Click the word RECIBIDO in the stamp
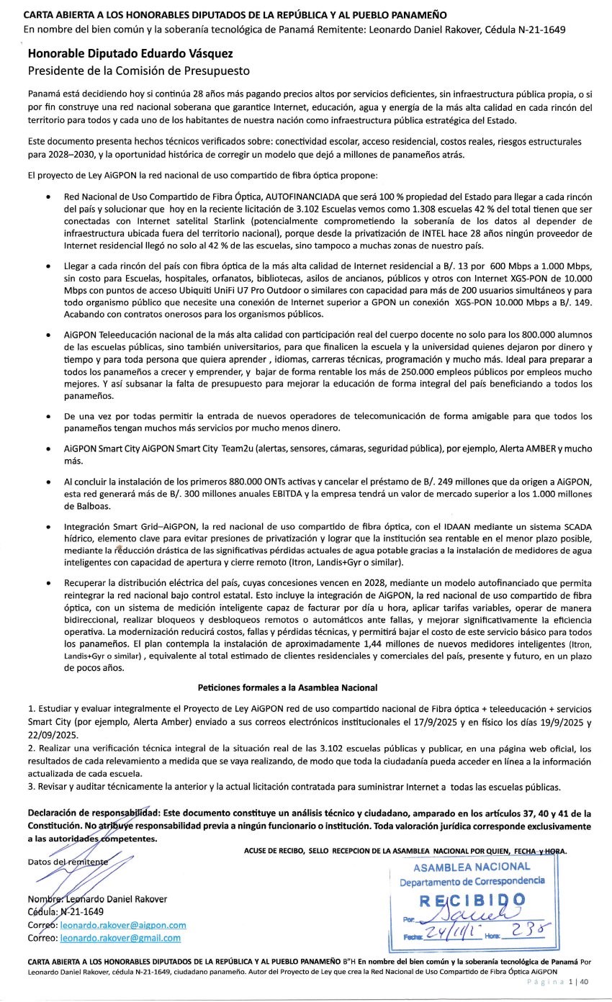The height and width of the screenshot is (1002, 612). tap(471, 900)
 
